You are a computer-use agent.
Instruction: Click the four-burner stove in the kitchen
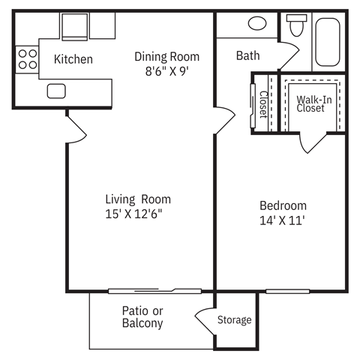click(27, 59)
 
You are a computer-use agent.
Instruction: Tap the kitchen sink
click(57, 91)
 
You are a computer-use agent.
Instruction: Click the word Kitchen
click(73, 59)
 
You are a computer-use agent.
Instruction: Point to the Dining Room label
click(167, 56)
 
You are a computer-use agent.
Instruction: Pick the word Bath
click(248, 55)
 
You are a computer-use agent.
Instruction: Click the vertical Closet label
click(263, 105)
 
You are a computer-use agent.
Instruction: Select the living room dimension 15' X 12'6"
click(135, 214)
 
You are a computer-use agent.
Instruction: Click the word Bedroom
click(283, 205)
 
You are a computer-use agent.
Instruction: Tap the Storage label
click(235, 320)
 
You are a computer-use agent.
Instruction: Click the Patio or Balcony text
click(142, 317)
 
